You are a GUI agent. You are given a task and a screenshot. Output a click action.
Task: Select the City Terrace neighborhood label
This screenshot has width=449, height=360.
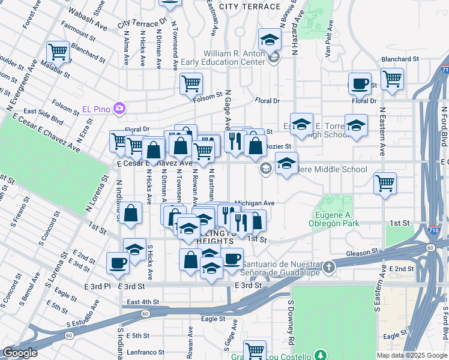coord(249,6)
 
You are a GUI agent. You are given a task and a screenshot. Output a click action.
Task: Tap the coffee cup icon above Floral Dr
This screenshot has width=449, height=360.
coord(360,84)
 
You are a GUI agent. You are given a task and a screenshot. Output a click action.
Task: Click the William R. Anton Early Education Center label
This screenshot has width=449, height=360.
coord(234,58)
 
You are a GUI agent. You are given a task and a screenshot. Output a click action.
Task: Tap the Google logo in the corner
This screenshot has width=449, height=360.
coord(20,353)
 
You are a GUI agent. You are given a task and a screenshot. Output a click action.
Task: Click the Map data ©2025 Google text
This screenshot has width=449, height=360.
coord(412,355)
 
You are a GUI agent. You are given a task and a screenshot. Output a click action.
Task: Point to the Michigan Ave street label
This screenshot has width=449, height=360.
coord(254,203)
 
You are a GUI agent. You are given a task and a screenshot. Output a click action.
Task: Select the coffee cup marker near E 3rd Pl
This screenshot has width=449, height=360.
coord(118,262)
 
